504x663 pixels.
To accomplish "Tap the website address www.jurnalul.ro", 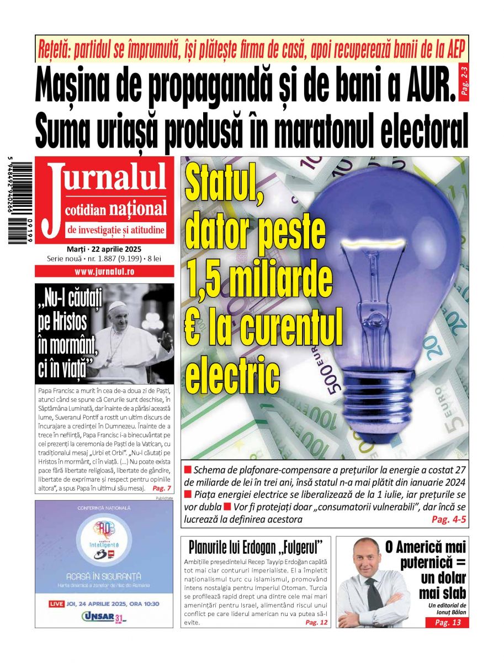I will tap(104, 272).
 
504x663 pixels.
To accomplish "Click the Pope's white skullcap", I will tap(116, 306).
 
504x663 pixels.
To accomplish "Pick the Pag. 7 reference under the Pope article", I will tap(162, 489).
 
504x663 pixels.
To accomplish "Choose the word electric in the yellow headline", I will tap(232, 376).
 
